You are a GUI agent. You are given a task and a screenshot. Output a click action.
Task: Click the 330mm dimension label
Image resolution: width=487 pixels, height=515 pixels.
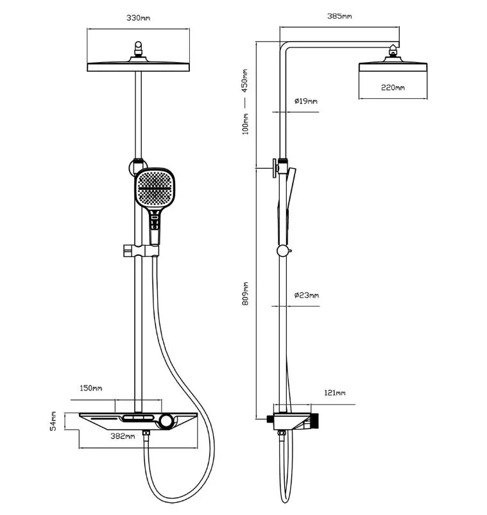coord(139,18)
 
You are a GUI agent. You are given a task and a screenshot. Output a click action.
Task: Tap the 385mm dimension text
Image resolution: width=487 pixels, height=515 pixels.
coord(339,16)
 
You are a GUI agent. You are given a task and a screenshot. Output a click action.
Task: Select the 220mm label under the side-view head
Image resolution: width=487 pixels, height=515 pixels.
coord(393,88)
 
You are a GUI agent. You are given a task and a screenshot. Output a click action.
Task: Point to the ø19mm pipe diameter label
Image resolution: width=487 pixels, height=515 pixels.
coord(306,101)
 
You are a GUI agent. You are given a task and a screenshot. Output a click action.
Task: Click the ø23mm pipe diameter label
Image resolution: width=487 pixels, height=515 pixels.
coord(307,295)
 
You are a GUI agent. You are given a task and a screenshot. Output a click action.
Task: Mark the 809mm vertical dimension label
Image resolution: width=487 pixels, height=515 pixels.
coord(246,294)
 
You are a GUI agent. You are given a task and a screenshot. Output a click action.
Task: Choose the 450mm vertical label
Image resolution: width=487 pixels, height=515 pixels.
coord(245,81)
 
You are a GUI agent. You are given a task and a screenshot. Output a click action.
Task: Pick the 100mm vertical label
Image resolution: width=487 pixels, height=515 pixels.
coord(245,124)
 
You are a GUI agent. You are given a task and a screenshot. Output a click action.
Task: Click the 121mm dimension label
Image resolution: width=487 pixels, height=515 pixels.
coord(335,393)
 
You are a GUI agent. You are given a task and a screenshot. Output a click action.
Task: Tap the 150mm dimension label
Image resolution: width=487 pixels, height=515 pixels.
coord(91,388)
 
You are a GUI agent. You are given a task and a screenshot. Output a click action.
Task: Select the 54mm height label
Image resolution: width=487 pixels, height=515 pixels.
coord(53,421)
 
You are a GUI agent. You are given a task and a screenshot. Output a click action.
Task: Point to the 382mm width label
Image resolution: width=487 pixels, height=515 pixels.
coord(123,436)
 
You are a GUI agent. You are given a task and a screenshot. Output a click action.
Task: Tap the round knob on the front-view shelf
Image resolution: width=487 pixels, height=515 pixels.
coord(166,421)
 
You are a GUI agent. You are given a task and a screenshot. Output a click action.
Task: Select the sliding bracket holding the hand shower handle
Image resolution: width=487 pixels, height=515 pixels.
coord(141,251)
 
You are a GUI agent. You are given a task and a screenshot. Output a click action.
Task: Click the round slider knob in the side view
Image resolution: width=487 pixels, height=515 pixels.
coord(283,251)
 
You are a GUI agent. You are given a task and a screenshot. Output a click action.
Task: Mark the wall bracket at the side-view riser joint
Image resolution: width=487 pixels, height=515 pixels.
coord(278,168)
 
